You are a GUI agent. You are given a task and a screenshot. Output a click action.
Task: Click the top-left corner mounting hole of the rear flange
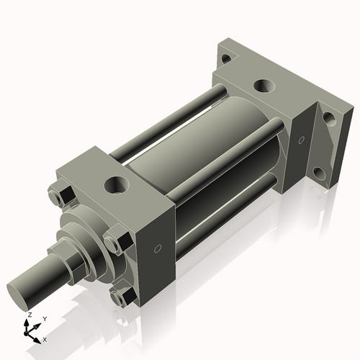tap(226, 59)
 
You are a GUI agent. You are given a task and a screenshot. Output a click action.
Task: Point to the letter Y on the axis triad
tap(45, 318)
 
